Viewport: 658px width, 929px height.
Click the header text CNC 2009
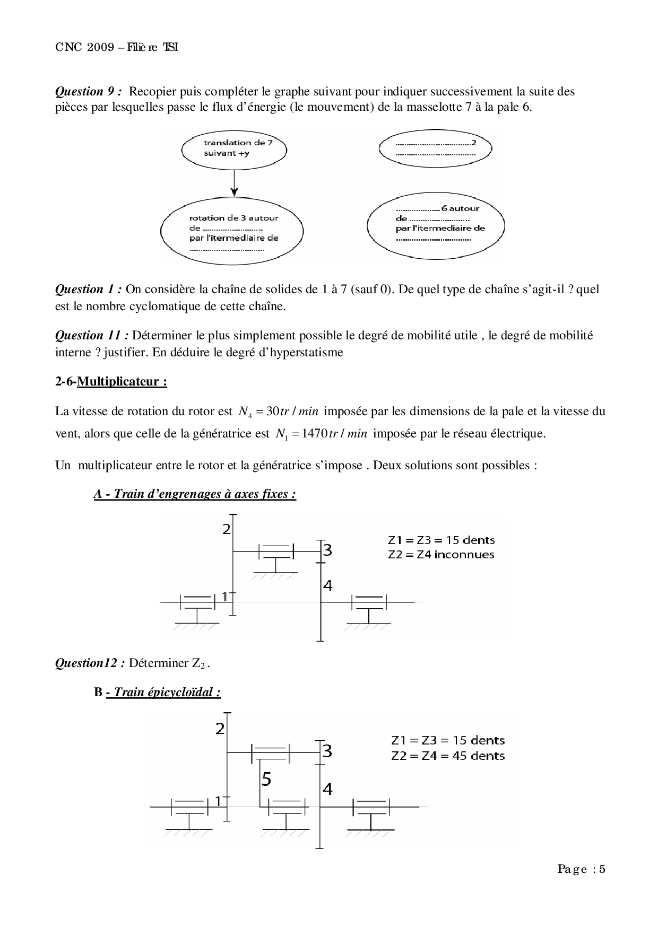coord(85,48)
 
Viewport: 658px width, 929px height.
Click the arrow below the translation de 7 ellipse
coord(234,183)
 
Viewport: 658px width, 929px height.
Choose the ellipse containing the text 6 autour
coord(436,224)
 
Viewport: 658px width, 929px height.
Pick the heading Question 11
coord(92,336)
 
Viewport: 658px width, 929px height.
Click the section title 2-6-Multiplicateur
coord(111,382)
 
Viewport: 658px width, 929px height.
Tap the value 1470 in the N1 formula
coord(308,434)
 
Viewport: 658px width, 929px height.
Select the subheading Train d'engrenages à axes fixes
coord(195,494)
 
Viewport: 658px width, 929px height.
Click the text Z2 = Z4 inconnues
coord(441,555)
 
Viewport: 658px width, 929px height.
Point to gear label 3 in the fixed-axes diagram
coord(328,550)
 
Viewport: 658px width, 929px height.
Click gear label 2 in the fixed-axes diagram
coord(227,529)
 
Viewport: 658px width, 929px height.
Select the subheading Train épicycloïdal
coord(162,692)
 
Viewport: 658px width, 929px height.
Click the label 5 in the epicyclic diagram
coord(266,779)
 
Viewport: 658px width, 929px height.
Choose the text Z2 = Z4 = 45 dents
coord(448,756)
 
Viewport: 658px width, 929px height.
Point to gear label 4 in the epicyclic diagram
coord(327,790)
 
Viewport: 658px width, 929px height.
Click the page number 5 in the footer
coord(602,869)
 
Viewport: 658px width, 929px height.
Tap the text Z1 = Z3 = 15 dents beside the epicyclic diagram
coord(448,740)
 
